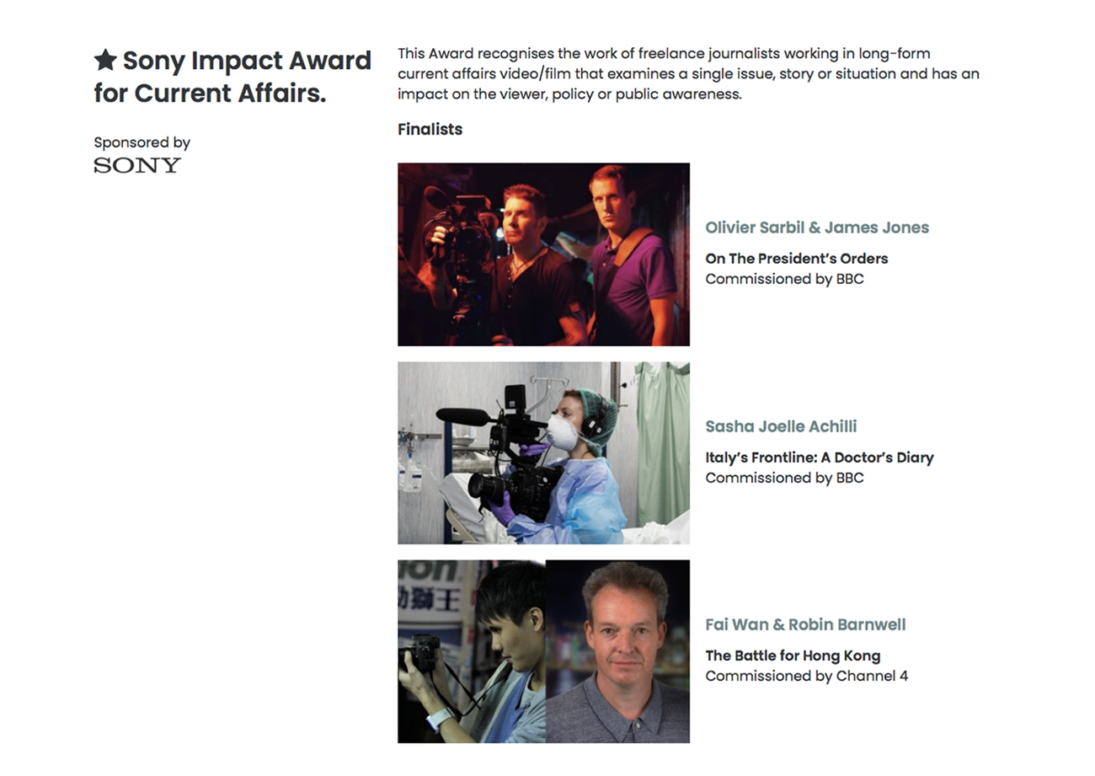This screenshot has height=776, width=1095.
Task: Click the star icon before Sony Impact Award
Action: (105, 60)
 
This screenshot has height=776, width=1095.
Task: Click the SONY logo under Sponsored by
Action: (137, 165)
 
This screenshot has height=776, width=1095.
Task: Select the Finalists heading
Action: (430, 129)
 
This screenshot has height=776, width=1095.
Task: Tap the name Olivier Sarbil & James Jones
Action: (817, 227)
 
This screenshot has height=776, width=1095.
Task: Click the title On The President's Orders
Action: (796, 258)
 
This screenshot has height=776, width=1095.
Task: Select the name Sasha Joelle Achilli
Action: (781, 426)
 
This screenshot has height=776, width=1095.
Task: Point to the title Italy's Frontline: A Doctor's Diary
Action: (820, 458)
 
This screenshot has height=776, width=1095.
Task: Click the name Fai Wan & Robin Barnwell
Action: (805, 624)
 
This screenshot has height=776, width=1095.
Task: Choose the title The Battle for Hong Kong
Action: (793, 656)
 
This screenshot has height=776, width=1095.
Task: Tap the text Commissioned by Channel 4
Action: (807, 676)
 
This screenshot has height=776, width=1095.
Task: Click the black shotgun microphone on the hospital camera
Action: (462, 416)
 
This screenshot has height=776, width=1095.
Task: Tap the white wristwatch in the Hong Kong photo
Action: (440, 720)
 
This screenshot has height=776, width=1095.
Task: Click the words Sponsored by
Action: (142, 142)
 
